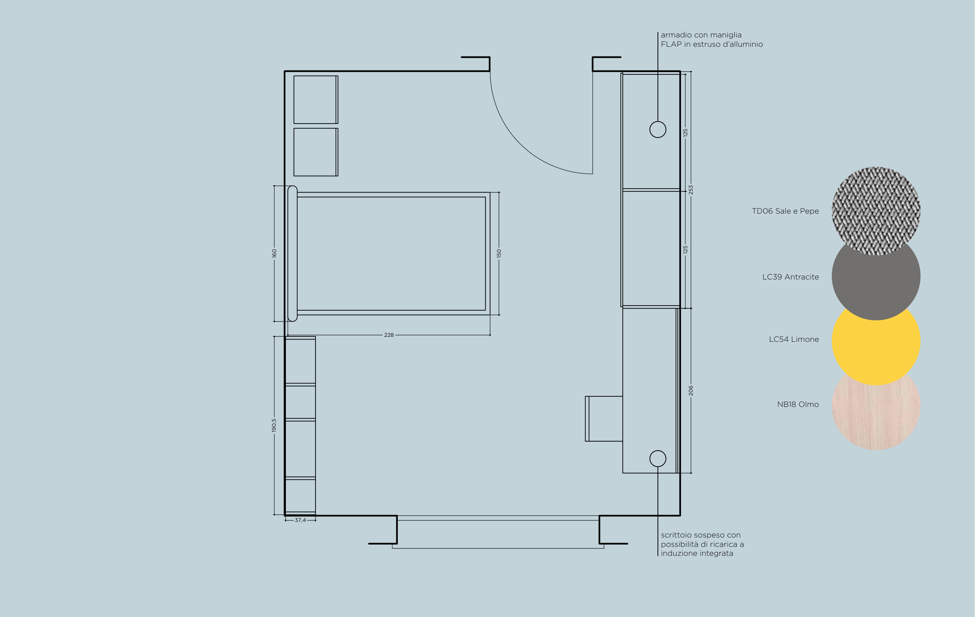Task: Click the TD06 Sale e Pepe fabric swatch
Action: click(x=876, y=211)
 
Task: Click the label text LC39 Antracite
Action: click(x=791, y=277)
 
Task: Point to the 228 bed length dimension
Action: click(x=389, y=335)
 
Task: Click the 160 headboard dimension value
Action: click(x=274, y=253)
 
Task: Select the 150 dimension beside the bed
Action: click(x=499, y=253)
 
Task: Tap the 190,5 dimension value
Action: click(x=274, y=425)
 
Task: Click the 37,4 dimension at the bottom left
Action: click(x=300, y=520)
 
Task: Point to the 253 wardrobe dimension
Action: click(x=691, y=190)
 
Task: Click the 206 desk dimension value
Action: click(x=691, y=391)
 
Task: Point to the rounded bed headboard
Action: click(x=292, y=254)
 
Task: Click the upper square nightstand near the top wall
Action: click(x=316, y=99)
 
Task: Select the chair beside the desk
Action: click(x=604, y=419)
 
